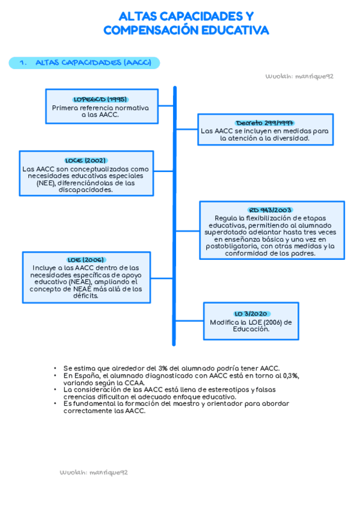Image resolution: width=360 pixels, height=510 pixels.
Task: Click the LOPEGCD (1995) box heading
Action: click(100, 99)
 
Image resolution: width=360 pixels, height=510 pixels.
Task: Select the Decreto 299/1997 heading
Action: click(264, 122)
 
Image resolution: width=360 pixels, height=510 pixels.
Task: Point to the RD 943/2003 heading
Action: click(272, 210)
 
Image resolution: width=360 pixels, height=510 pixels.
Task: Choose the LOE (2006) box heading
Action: click(86, 260)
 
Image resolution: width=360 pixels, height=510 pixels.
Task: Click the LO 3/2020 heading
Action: click(251, 314)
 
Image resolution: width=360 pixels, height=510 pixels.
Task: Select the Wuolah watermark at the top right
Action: click(299, 77)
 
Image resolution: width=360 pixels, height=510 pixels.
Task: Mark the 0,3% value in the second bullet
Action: click(290, 375)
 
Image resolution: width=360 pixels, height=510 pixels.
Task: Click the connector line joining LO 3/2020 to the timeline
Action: click(189, 321)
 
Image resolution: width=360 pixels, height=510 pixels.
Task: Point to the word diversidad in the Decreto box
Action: click(288, 138)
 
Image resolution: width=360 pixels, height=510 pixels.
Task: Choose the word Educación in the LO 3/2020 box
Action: click(251, 329)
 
